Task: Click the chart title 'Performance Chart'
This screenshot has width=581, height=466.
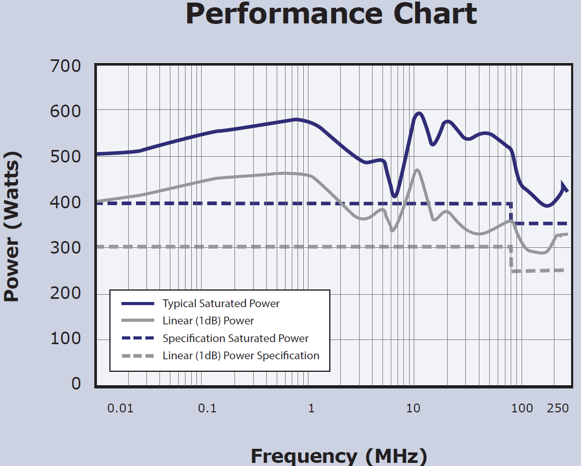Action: point(331,15)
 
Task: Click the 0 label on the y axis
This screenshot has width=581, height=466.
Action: point(76,384)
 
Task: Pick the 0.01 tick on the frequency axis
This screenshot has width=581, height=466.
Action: point(120,408)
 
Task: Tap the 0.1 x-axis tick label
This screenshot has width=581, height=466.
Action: point(207,408)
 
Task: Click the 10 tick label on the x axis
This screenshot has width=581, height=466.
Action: point(413,408)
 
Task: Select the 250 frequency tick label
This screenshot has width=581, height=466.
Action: point(558,408)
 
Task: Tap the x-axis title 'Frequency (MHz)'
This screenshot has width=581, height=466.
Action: point(339,456)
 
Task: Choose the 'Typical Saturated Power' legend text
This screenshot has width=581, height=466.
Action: point(221,304)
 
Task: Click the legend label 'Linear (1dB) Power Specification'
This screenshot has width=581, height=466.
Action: point(241,356)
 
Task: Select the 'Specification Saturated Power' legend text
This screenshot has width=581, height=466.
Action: point(236,338)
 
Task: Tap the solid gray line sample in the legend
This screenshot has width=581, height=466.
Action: point(138,321)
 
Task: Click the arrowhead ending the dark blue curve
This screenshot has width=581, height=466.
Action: point(564,187)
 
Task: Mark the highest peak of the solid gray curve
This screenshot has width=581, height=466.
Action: point(417,170)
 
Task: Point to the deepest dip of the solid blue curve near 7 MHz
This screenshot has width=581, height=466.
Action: point(394,196)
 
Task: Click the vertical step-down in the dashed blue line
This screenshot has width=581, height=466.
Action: point(511,213)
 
